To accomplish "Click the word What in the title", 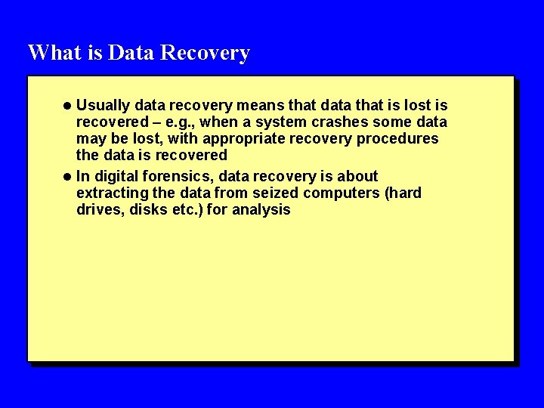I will coord(51,53).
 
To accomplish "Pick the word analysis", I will coord(261,210).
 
